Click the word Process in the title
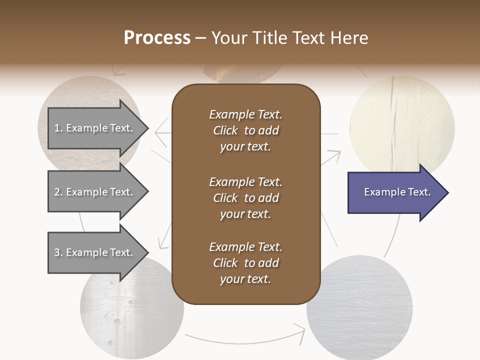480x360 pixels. click(x=157, y=38)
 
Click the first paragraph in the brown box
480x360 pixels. click(x=245, y=130)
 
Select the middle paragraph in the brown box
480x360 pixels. click(x=245, y=197)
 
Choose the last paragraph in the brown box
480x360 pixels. click(x=245, y=263)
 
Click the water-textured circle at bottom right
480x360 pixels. click(x=360, y=310)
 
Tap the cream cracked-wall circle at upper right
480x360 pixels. click(x=402, y=122)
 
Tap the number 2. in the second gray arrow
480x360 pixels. click(x=58, y=192)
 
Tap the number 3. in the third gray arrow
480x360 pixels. click(x=58, y=252)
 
